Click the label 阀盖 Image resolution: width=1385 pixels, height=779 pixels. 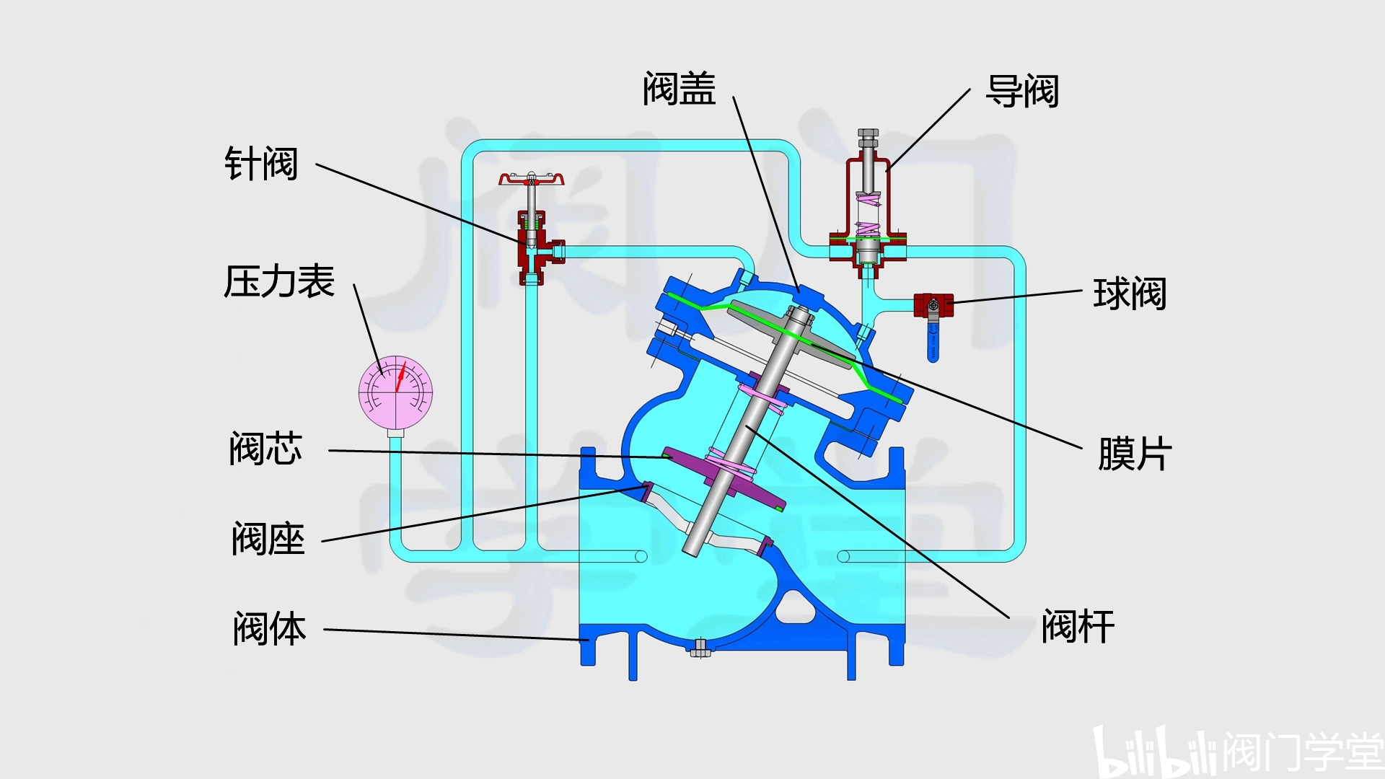coord(679,89)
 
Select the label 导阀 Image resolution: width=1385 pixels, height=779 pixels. coord(1022,92)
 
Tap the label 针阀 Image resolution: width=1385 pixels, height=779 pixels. coord(261,164)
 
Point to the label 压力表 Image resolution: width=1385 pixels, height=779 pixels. coord(279,281)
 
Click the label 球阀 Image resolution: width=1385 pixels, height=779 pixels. coord(1130,294)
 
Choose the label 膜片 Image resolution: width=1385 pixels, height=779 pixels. coord(1135,454)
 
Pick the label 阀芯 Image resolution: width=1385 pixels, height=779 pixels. coord(265,449)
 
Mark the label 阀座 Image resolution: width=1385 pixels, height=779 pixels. coord(268,539)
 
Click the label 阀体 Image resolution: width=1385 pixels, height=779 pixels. coord(270,628)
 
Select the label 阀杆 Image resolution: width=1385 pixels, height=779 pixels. coord(1078,626)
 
